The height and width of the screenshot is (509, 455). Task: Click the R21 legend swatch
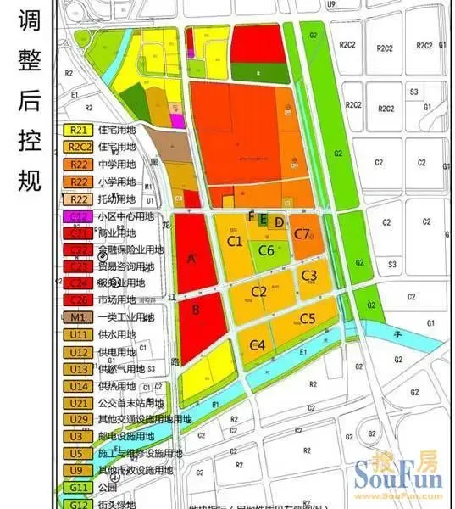pyautogui.click(x=78, y=131)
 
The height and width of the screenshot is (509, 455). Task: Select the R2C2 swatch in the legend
pyautogui.click(x=78, y=148)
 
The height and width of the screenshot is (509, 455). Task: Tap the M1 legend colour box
pyautogui.click(x=78, y=317)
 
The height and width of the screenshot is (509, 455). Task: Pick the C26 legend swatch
pyautogui.click(x=78, y=299)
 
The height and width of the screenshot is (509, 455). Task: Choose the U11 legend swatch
pyautogui.click(x=78, y=334)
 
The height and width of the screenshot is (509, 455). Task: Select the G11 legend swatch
pyautogui.click(x=78, y=488)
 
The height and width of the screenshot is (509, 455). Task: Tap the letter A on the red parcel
pyautogui.click(x=191, y=259)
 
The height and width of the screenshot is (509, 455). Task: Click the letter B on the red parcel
pyautogui.click(x=196, y=310)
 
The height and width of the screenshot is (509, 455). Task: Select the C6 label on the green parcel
pyautogui.click(x=266, y=250)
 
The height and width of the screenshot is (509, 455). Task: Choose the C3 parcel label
pyautogui.click(x=309, y=275)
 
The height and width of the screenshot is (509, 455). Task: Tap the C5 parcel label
pyautogui.click(x=307, y=319)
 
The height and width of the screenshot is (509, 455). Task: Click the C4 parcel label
pyautogui.click(x=258, y=344)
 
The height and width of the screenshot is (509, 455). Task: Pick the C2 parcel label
pyautogui.click(x=259, y=292)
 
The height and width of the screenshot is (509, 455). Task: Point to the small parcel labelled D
pyautogui.click(x=279, y=221)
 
